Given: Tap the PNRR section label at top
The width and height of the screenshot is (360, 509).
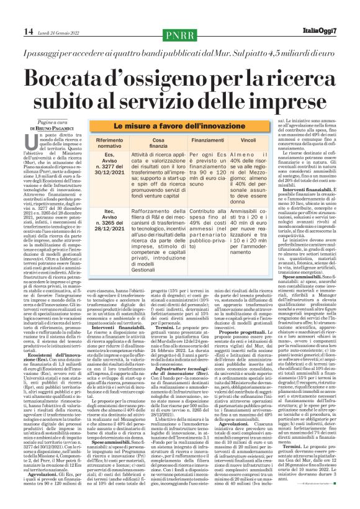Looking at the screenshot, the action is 179,32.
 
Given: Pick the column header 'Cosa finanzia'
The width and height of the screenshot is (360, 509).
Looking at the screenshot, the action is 151,145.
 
